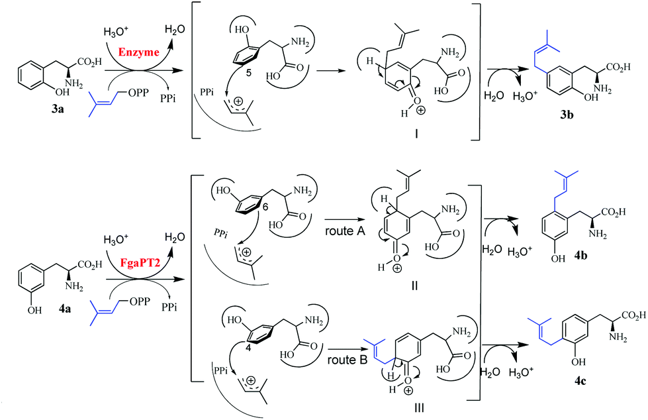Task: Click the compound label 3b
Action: (x=567, y=115)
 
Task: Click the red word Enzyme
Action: (x=139, y=52)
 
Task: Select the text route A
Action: (x=345, y=231)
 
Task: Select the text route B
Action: (x=347, y=360)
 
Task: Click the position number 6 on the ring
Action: (x=265, y=207)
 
